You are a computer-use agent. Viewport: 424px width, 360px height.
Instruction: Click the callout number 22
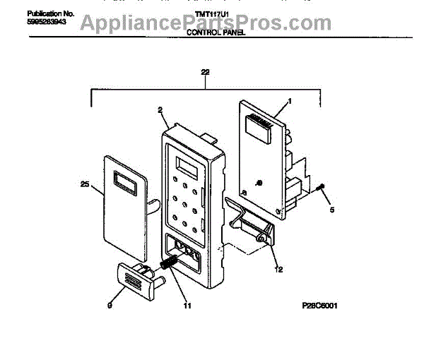pyautogui.click(x=205, y=73)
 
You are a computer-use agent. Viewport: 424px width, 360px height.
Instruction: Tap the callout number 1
pyautogui.click(x=288, y=101)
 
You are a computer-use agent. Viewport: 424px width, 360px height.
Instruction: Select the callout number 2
pyautogui.click(x=160, y=110)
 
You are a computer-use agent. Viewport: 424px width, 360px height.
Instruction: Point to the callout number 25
pyautogui.click(x=86, y=184)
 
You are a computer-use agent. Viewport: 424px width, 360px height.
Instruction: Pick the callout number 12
pyautogui.click(x=278, y=269)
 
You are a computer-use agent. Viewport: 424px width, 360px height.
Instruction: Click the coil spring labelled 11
pyautogui.click(x=170, y=263)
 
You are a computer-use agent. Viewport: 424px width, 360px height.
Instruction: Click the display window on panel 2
pyautogui.click(x=187, y=169)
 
